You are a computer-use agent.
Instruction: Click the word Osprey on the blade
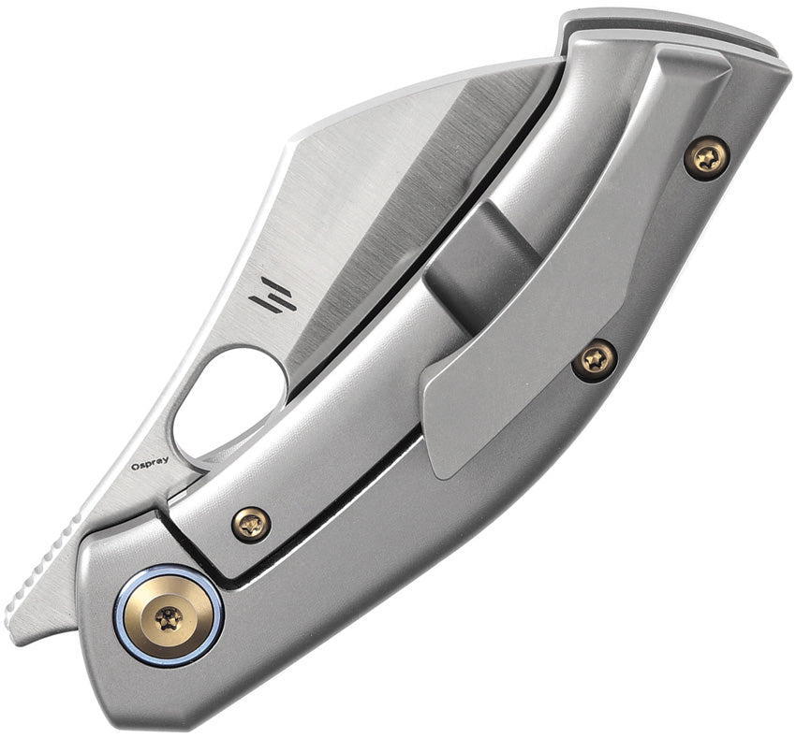(150, 466)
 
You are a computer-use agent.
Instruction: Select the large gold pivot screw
(168, 619)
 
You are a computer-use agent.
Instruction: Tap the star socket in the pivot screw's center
(168, 620)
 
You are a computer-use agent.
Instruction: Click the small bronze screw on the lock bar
(251, 525)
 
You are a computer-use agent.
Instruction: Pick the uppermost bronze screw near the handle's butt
(707, 158)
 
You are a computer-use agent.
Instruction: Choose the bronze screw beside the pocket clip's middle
(595, 360)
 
